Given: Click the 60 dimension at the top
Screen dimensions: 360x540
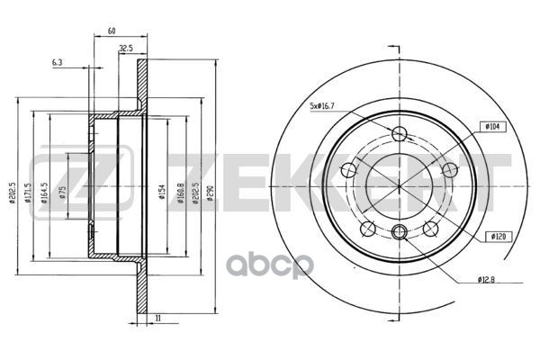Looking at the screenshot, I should coord(112,31).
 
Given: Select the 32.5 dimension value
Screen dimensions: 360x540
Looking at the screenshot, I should coord(126,48).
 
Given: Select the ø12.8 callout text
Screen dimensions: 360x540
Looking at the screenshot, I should coord(489,280).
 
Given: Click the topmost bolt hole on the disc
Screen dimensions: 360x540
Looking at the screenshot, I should coord(400,134).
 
